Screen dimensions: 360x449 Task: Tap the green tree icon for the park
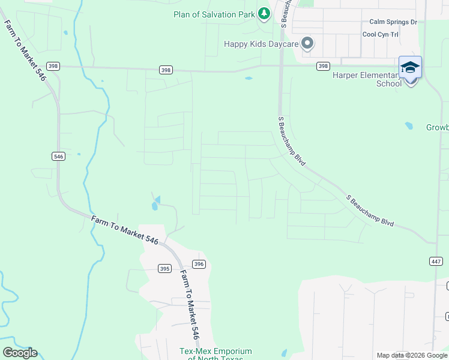point(264,13)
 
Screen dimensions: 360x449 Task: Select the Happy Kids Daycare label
point(261,44)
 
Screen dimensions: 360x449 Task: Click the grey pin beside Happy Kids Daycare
point(307,43)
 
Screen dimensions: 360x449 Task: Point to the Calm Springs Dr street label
point(393,22)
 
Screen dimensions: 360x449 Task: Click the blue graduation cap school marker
point(410,67)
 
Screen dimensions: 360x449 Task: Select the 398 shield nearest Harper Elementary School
point(323,66)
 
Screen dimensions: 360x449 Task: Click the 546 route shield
point(58,157)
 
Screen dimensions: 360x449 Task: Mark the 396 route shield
point(199,264)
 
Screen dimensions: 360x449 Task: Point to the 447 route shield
point(436,261)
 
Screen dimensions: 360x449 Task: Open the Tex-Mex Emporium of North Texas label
point(215,355)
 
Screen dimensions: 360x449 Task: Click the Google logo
point(20,353)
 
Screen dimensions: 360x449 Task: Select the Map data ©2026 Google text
point(412,355)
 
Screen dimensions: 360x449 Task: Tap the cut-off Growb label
point(437,128)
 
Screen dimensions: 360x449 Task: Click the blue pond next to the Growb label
point(409,126)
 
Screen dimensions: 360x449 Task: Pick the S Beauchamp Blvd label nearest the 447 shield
point(370,211)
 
